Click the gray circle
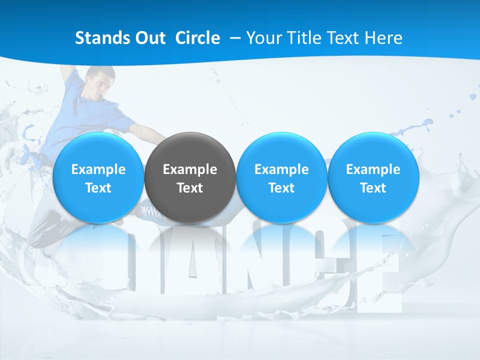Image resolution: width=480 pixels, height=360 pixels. coord(190,178)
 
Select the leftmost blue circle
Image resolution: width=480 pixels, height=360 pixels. coord(98,178)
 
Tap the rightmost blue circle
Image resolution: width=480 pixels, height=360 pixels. coord(373,178)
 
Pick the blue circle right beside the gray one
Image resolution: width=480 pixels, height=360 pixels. coord(281,178)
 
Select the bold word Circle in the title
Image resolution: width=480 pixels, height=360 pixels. coord(197,38)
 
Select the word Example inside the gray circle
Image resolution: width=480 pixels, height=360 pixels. coord(190,169)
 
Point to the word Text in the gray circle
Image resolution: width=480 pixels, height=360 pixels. coord(190,188)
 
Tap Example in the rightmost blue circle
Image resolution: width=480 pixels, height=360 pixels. coord(373,169)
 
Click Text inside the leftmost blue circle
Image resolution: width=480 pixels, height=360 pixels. coord(98,188)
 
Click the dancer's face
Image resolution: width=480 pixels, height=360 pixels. coord(101,85)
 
